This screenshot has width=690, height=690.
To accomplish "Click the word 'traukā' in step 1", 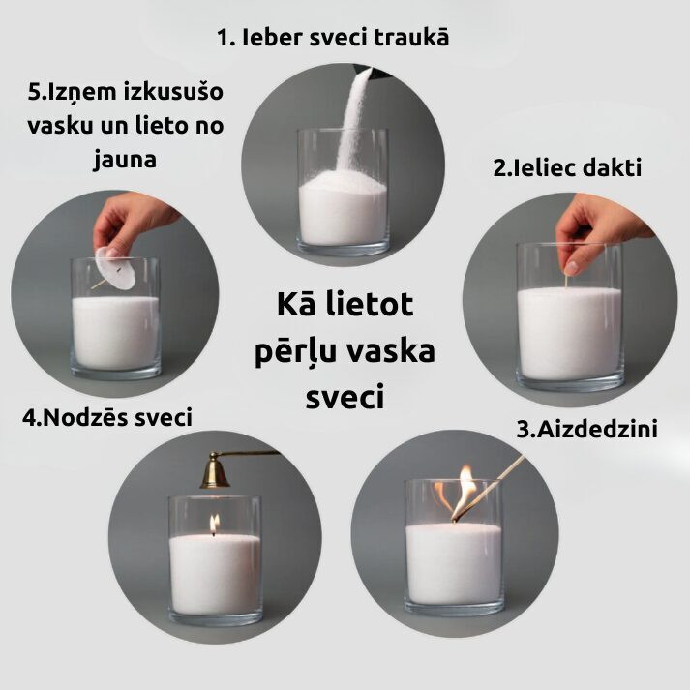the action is pyautogui.click(x=411, y=37).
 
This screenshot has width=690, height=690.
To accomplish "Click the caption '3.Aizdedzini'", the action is pyautogui.click(x=586, y=429).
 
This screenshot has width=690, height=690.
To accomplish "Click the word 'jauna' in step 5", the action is pyautogui.click(x=126, y=160).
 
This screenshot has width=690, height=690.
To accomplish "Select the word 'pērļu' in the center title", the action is pyautogui.click(x=289, y=352).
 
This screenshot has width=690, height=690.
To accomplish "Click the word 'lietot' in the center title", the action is pyautogui.click(x=370, y=305).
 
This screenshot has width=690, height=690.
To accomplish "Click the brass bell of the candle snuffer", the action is pyautogui.click(x=214, y=472).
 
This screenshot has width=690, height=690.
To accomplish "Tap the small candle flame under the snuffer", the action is pyautogui.click(x=214, y=524).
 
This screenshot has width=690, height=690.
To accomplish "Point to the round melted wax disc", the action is pyautogui.click(x=113, y=268).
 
